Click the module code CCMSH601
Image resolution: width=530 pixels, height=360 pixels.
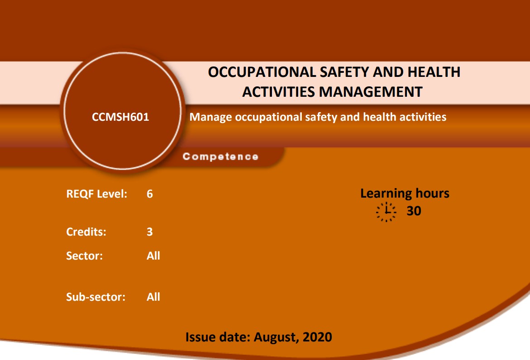[x=120, y=117]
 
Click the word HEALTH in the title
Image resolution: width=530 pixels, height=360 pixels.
[x=434, y=72]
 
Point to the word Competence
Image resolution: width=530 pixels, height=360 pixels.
[x=220, y=156]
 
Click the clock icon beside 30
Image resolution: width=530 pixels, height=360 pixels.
[x=386, y=212]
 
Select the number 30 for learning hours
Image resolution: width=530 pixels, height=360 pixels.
[x=414, y=211]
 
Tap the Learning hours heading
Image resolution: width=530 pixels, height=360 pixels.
[x=405, y=194]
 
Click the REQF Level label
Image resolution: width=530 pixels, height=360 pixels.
[x=97, y=194]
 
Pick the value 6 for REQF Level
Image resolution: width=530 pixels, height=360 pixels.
[x=150, y=194]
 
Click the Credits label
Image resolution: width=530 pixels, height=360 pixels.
[x=86, y=232]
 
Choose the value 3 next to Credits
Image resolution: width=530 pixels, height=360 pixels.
[x=150, y=232]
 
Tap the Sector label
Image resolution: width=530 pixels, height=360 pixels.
[x=85, y=256]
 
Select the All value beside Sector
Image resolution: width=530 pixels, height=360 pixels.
[x=153, y=256]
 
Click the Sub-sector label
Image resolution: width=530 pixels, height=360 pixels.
[x=95, y=297]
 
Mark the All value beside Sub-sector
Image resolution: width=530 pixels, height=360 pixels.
[x=153, y=297]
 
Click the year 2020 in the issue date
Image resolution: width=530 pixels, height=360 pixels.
[x=317, y=337]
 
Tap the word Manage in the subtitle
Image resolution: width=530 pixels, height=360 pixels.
[x=210, y=117]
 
